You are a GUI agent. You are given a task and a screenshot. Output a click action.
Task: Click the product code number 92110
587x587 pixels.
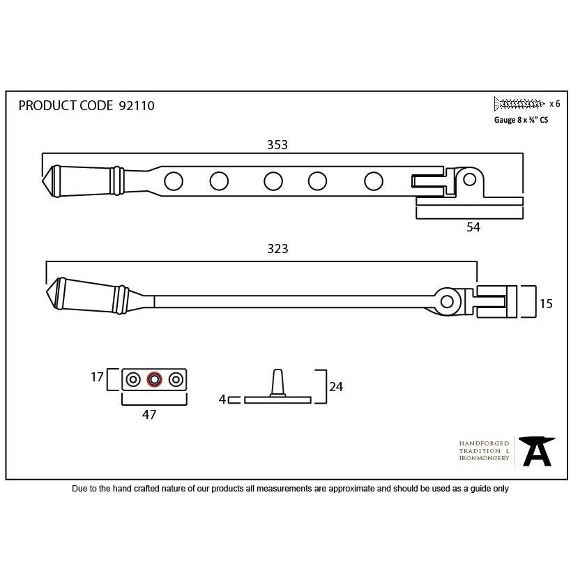[x=136, y=106]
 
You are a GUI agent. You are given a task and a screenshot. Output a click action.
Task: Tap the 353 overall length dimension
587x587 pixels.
[x=277, y=145]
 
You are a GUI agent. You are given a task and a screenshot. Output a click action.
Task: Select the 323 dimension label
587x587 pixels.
[x=277, y=249]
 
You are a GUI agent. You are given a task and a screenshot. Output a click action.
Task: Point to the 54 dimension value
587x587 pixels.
[x=473, y=227]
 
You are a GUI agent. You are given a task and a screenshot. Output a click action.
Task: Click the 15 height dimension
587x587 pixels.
[x=546, y=303]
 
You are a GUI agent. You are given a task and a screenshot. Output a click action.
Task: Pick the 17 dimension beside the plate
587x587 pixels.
[x=97, y=377]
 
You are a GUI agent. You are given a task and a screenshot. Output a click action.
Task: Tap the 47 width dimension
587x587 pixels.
[x=149, y=414]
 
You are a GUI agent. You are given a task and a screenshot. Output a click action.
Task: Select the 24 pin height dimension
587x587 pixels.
[x=336, y=387]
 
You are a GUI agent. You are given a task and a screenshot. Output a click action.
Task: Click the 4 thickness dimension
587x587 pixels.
[x=222, y=399]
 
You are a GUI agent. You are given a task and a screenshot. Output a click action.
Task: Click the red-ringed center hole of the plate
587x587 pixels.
[x=154, y=380]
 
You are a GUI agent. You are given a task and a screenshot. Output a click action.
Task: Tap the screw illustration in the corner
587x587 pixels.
[x=519, y=104]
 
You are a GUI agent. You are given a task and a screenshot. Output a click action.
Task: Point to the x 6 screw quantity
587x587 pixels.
[x=554, y=104]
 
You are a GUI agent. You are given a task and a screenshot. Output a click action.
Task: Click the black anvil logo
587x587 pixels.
[x=537, y=451]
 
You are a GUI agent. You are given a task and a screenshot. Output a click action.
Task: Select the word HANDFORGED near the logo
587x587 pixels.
[x=484, y=443]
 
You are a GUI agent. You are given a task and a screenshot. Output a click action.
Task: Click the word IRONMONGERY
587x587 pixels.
[x=484, y=458]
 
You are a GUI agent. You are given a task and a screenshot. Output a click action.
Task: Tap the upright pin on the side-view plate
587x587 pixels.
[x=277, y=383]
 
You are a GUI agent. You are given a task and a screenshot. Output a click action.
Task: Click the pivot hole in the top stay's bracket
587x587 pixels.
[x=469, y=180]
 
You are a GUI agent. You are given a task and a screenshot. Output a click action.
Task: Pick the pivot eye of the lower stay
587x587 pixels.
[x=447, y=301]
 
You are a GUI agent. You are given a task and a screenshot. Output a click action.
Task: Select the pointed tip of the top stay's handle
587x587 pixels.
[x=43, y=181]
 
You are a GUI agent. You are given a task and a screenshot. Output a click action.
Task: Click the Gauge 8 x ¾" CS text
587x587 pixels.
[x=521, y=120]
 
